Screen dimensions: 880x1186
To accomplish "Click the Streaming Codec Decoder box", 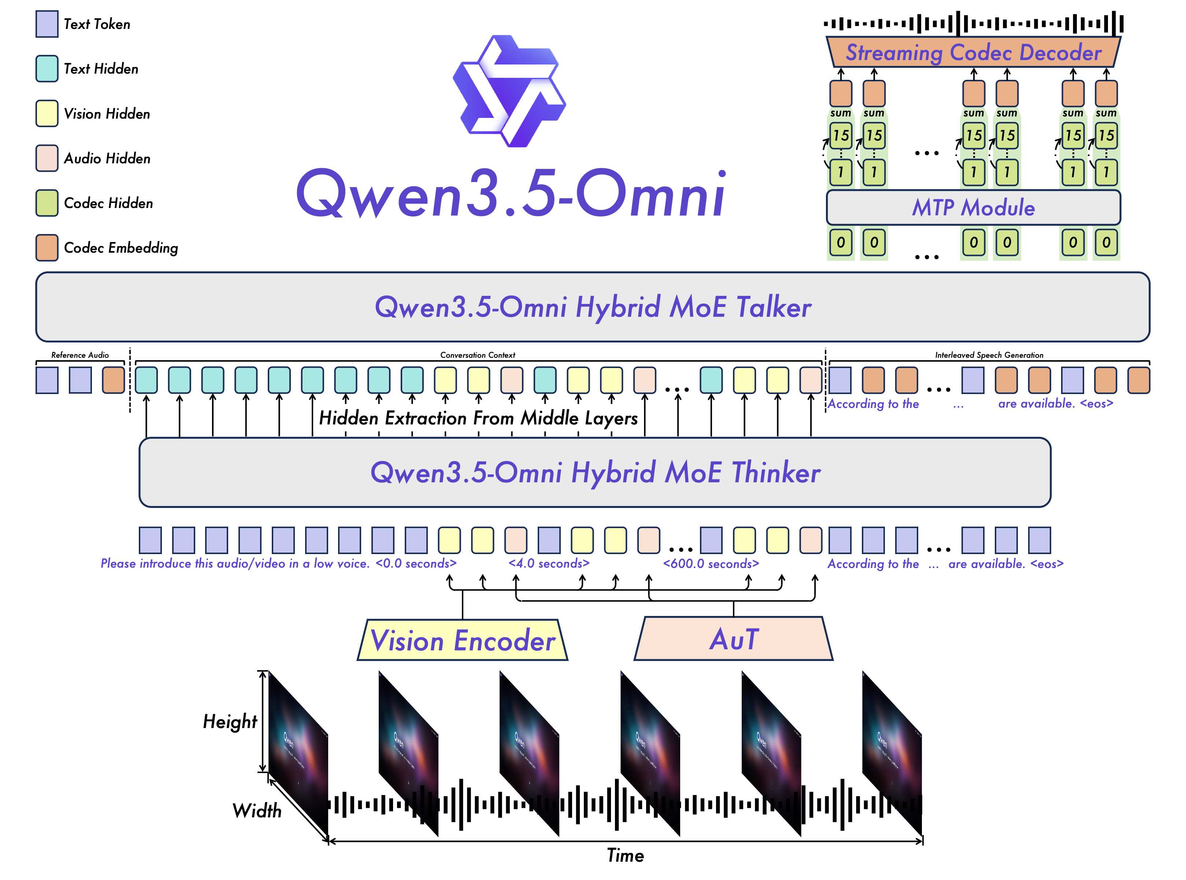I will point(973,52).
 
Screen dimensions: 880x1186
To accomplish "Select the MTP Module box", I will point(973,207).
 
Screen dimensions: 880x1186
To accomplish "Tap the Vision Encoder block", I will point(463,640).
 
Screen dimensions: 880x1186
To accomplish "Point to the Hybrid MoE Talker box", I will point(593,307).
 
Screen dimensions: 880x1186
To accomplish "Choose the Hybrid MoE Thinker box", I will point(594,472).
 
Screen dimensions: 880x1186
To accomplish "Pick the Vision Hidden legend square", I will point(47,114).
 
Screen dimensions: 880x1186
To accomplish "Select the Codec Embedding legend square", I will point(47,248).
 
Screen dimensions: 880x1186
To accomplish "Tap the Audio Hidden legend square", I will point(47,158).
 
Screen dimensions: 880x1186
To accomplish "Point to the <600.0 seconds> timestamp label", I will point(711,564).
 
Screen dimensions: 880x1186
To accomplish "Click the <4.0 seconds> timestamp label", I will point(549,564).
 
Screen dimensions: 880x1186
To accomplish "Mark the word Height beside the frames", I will point(230,722).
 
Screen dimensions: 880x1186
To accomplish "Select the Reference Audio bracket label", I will point(80,355).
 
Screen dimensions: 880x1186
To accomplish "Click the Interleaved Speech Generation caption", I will point(989,355).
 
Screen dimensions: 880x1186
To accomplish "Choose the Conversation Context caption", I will point(477,355).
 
